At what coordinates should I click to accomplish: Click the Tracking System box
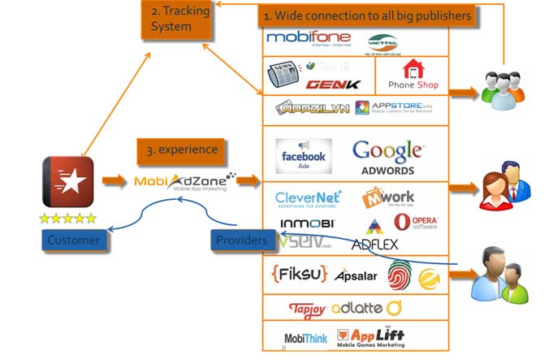pyautogui.click(x=178, y=20)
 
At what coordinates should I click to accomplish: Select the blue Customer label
pyautogui.click(x=73, y=240)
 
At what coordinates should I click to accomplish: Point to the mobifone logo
pyautogui.click(x=308, y=38)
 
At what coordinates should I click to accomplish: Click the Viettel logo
pyautogui.click(x=382, y=41)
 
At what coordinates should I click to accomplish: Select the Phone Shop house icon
pyautogui.click(x=413, y=70)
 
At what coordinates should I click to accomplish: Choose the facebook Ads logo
pyautogui.click(x=304, y=155)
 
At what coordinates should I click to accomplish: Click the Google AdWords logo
pyautogui.click(x=388, y=156)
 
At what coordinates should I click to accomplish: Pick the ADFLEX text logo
pyautogui.click(x=374, y=244)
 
